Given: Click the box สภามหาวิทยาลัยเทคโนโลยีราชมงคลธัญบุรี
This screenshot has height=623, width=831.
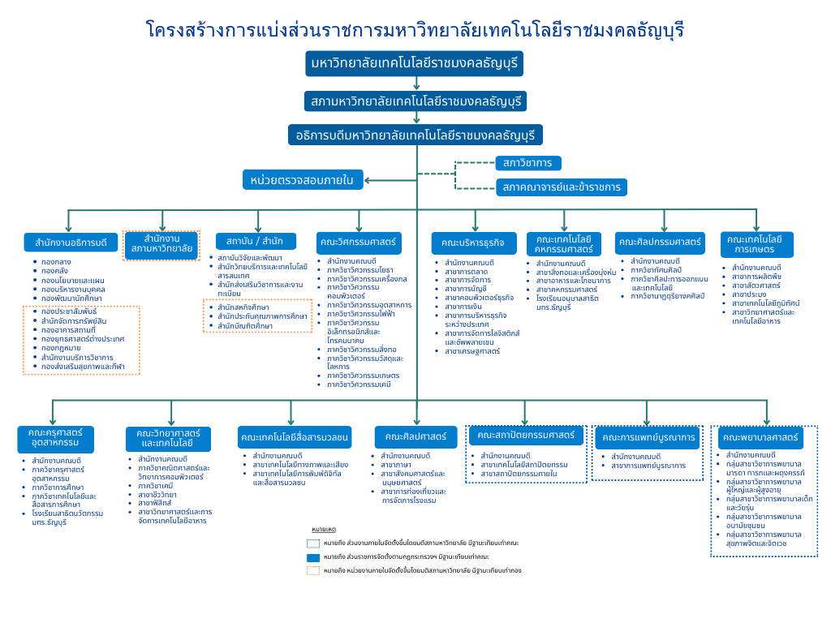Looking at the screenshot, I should click(415, 101).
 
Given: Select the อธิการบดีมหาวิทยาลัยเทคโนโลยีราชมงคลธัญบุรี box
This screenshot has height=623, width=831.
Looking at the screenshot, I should click(415, 135).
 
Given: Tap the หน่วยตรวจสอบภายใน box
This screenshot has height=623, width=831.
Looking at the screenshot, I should click(303, 180).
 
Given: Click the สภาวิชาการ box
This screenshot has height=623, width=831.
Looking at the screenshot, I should click(527, 163).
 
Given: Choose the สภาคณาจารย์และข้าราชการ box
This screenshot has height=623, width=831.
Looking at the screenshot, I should click(561, 187).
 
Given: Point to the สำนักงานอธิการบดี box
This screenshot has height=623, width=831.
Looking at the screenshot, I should click(66, 243).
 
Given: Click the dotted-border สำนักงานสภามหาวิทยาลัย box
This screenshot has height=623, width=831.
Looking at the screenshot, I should click(161, 245).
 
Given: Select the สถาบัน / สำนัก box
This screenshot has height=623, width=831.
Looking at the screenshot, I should click(249, 241).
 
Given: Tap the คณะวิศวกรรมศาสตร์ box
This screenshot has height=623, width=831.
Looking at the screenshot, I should click(358, 243).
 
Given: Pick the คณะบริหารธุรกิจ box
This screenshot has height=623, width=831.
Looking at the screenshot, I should click(473, 243).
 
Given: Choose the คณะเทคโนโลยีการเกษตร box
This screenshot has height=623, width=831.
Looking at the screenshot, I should click(756, 244).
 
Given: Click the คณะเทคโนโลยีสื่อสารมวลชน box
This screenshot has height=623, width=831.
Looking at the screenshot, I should click(295, 438).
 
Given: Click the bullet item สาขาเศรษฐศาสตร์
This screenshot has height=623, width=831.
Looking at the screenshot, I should click(472, 351).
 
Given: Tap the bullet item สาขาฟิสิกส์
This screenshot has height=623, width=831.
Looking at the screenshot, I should click(155, 503).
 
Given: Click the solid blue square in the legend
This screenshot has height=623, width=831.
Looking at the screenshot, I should click(313, 557).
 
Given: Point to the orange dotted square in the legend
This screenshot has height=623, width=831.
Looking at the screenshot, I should click(313, 570).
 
